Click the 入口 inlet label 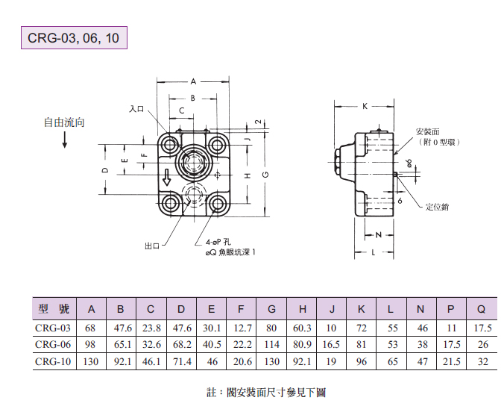coord(136,109)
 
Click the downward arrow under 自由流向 coord(65,139)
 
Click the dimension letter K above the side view coord(365,106)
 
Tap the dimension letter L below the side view coord(373,253)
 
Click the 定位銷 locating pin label coord(437,206)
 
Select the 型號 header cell coord(53,309)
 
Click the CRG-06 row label coord(53,344)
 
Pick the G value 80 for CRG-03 coord(271,328)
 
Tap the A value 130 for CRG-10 coord(92,361)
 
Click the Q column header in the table coord(482,309)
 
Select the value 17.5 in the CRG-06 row coord(452,344)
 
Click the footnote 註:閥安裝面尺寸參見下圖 coord(266,393)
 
